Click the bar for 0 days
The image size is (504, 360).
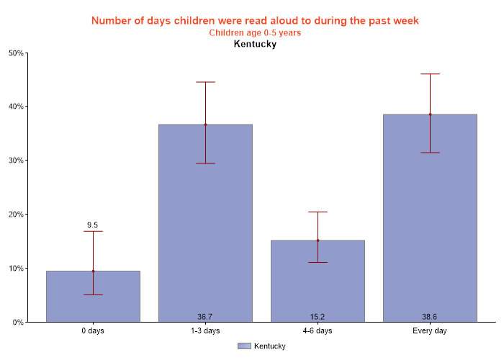[93, 297]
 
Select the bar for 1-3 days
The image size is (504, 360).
[205, 223]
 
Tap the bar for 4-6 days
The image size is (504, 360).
[318, 281]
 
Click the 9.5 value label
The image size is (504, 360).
[93, 225]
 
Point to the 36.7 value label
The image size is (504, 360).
[205, 317]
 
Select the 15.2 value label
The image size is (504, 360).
[318, 317]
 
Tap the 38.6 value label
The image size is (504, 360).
[430, 317]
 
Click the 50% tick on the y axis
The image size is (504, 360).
[16, 53]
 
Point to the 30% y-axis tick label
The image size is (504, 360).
[16, 161]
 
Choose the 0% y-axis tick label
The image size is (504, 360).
[18, 323]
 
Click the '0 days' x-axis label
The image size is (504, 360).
[93, 331]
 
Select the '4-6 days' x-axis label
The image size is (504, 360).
[318, 331]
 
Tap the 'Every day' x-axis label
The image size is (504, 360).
[430, 331]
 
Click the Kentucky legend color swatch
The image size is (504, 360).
[244, 346]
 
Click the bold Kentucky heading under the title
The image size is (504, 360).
[255, 44]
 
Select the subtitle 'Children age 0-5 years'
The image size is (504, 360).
[255, 32]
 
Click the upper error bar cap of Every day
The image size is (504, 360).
[430, 73]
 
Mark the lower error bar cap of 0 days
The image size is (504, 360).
[93, 294]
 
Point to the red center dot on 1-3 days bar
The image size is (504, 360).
[205, 125]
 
